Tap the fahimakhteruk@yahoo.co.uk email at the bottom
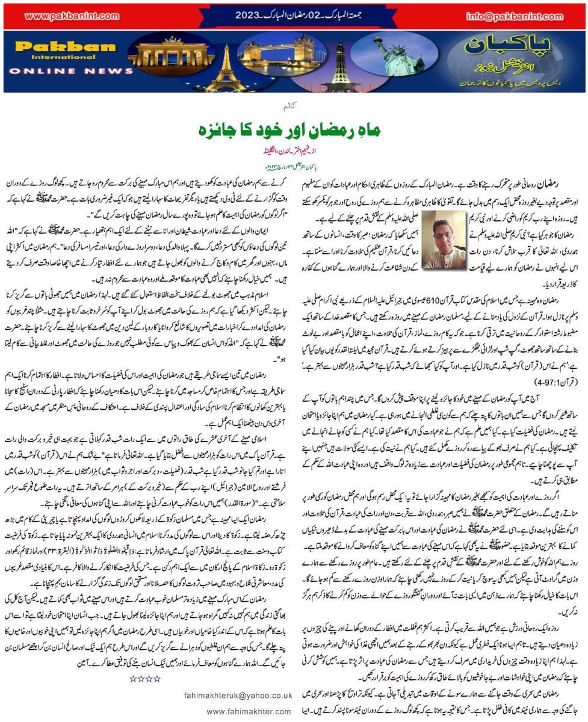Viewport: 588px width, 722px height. tap(238, 695)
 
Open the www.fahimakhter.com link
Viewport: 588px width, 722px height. tap(249, 711)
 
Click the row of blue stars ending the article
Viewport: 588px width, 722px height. tap(145, 679)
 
